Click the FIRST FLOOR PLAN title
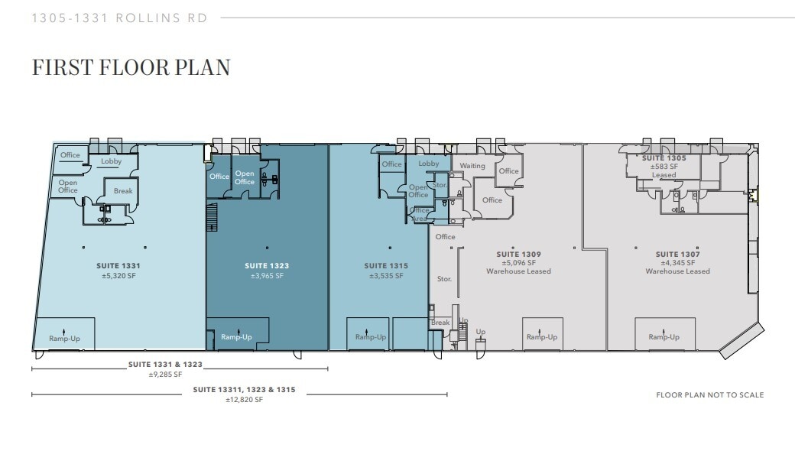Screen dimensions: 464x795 point(131,67)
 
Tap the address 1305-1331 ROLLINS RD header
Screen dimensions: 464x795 point(119,18)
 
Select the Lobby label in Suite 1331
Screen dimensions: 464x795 point(112,161)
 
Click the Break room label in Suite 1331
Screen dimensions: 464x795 point(123,191)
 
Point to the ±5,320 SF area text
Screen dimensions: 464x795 point(118,275)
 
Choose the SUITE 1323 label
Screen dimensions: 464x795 point(267,266)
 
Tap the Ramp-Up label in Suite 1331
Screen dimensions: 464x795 point(63,338)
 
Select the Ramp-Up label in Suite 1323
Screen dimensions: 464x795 point(236,337)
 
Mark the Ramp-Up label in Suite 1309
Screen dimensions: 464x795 point(541,337)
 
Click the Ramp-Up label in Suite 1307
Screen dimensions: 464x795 point(664,337)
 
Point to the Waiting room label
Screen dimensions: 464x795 point(472,166)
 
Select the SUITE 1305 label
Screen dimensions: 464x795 point(664,158)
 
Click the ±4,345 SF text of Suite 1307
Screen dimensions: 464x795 point(677,262)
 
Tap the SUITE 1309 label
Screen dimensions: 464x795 point(518,254)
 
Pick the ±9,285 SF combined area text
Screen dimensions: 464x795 point(166,375)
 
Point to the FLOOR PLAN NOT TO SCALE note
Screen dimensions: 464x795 point(709,395)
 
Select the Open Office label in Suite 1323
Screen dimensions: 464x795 point(245,177)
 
